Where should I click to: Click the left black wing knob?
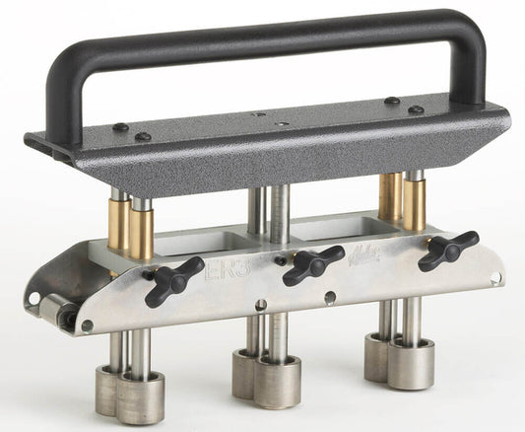[x=174, y=279]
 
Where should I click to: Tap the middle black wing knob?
[x=312, y=264]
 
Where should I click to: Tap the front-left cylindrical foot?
[x=140, y=398]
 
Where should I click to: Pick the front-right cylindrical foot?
[x=410, y=364]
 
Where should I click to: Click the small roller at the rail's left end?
[x=56, y=314]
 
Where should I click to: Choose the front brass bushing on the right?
[x=414, y=203]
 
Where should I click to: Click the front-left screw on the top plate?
[x=144, y=136]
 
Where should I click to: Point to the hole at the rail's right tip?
[x=495, y=278]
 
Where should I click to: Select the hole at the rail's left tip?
[x=33, y=297]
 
